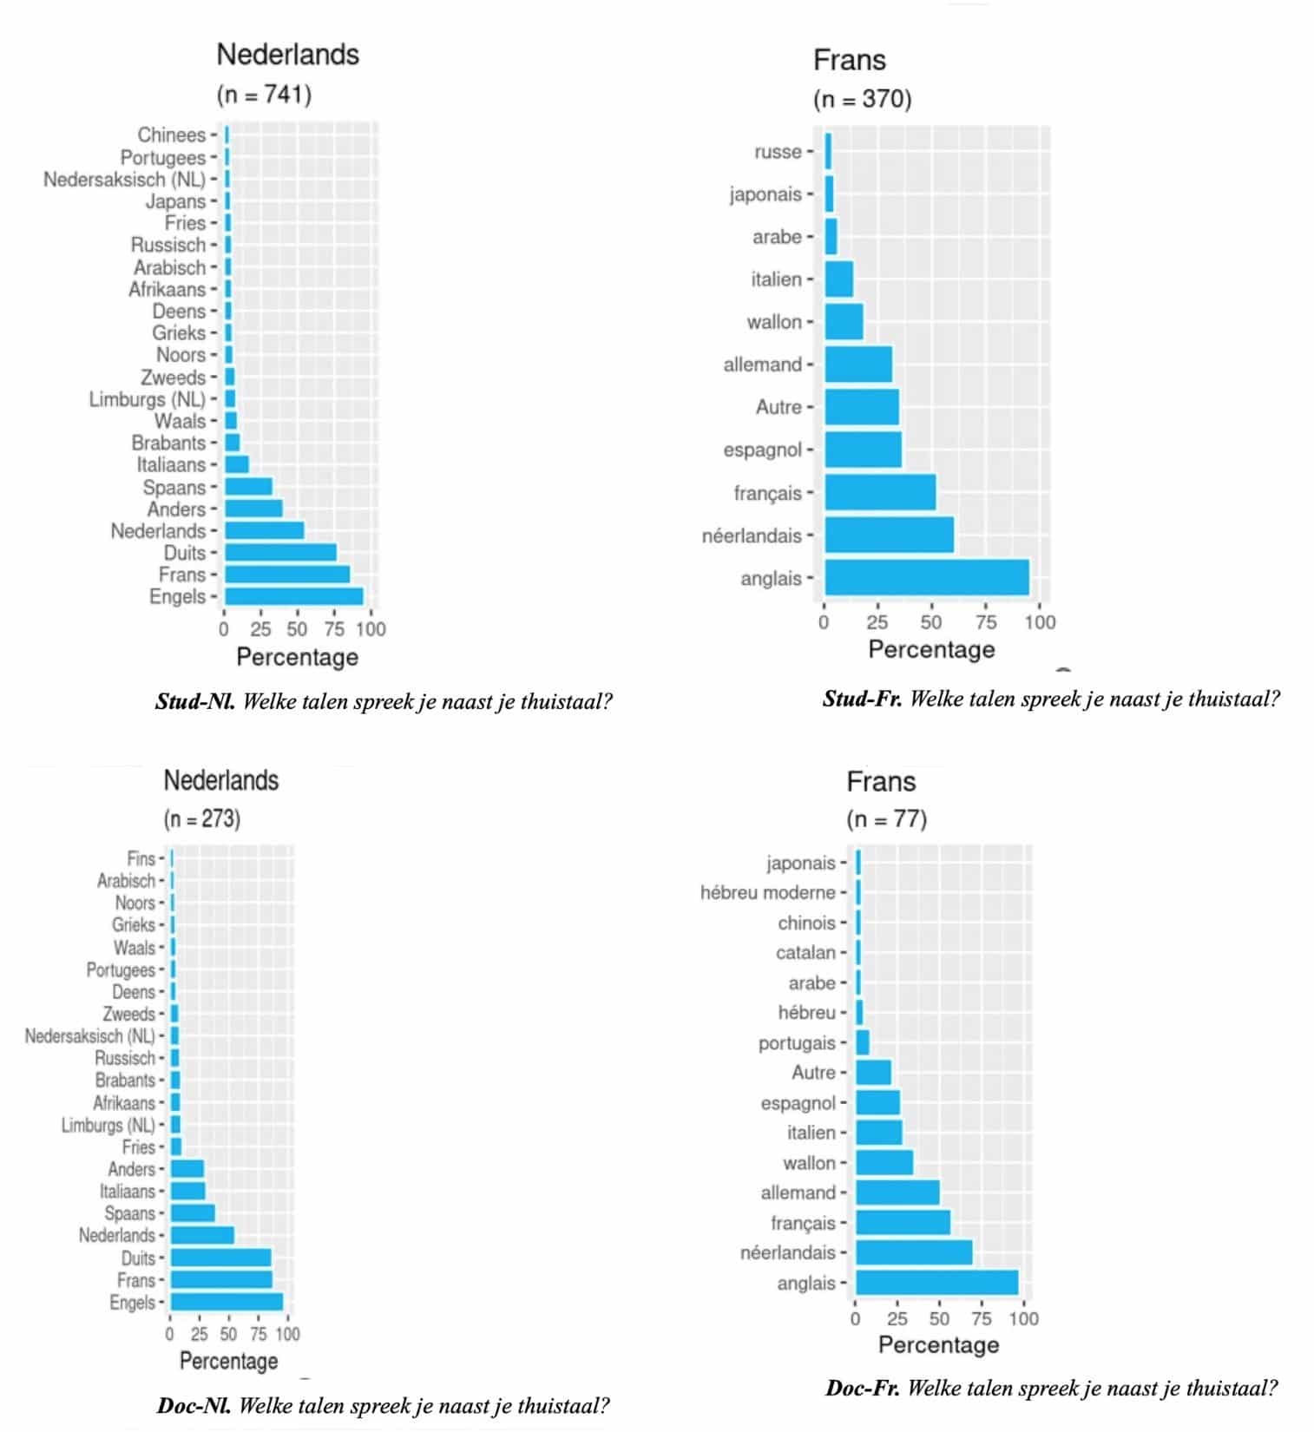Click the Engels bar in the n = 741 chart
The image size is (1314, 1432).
click(x=293, y=596)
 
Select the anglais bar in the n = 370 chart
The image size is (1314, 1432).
click(x=926, y=578)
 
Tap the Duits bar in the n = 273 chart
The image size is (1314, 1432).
click(x=220, y=1258)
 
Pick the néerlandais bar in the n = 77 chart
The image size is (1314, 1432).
click(x=913, y=1252)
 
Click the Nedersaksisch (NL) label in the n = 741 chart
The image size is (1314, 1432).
click(x=124, y=180)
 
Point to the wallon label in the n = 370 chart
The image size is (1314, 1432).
click(x=774, y=322)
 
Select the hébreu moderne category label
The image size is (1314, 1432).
click(x=767, y=892)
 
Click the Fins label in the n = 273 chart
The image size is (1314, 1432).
click(x=141, y=858)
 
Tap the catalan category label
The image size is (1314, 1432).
click(x=805, y=952)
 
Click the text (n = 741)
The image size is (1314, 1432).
click(x=264, y=94)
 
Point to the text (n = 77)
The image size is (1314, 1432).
click(x=886, y=818)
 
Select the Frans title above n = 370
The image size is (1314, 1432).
click(x=849, y=60)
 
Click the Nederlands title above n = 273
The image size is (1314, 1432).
click(x=220, y=780)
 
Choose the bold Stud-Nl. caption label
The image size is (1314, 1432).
click(x=195, y=701)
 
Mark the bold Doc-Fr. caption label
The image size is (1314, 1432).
click(x=862, y=1388)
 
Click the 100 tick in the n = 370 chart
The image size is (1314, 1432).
click(x=1040, y=622)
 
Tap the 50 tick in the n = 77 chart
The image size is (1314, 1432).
click(x=939, y=1319)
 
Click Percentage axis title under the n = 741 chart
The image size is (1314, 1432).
click(x=297, y=657)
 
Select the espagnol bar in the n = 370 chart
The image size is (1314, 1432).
click(x=863, y=450)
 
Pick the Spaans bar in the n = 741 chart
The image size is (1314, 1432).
click(x=248, y=487)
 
